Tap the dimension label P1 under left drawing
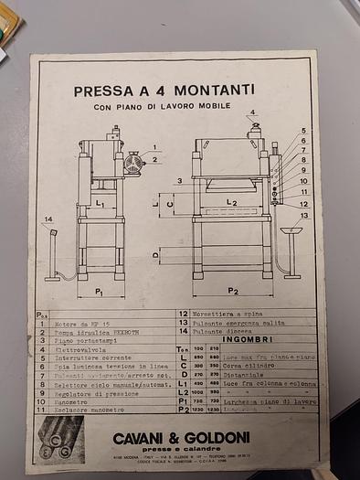[99, 292]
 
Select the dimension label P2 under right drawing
[232, 292]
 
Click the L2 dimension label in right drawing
[231, 201]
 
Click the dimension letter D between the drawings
[155, 255]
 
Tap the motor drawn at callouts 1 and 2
[133, 165]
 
